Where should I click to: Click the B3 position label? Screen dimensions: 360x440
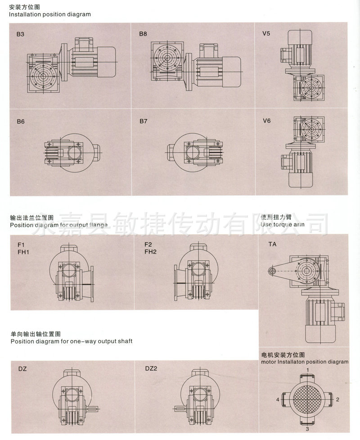(x=20, y=34)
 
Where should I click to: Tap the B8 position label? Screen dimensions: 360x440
(x=143, y=34)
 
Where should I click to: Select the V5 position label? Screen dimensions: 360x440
(x=266, y=34)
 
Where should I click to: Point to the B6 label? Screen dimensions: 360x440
(x=20, y=122)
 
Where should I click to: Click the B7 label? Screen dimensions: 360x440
(x=143, y=121)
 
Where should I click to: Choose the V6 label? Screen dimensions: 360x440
(x=267, y=121)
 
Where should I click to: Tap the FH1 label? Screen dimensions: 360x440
(x=23, y=252)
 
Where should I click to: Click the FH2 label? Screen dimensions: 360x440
(x=150, y=252)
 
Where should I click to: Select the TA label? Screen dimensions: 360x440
(x=272, y=244)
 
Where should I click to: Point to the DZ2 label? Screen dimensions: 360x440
(x=151, y=368)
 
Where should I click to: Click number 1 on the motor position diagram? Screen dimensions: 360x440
(x=307, y=370)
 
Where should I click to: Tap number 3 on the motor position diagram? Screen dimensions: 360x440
(x=307, y=429)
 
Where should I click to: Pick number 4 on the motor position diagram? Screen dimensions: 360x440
(x=278, y=399)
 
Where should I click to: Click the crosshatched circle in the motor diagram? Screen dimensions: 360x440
(x=307, y=399)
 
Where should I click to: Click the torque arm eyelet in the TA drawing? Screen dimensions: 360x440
(x=271, y=271)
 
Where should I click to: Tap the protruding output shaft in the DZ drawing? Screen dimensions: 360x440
(x=92, y=409)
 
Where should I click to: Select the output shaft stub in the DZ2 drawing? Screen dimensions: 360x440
(x=180, y=409)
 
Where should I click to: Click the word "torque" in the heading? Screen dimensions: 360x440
(x=283, y=224)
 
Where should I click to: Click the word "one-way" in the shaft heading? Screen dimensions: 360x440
(x=83, y=341)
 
